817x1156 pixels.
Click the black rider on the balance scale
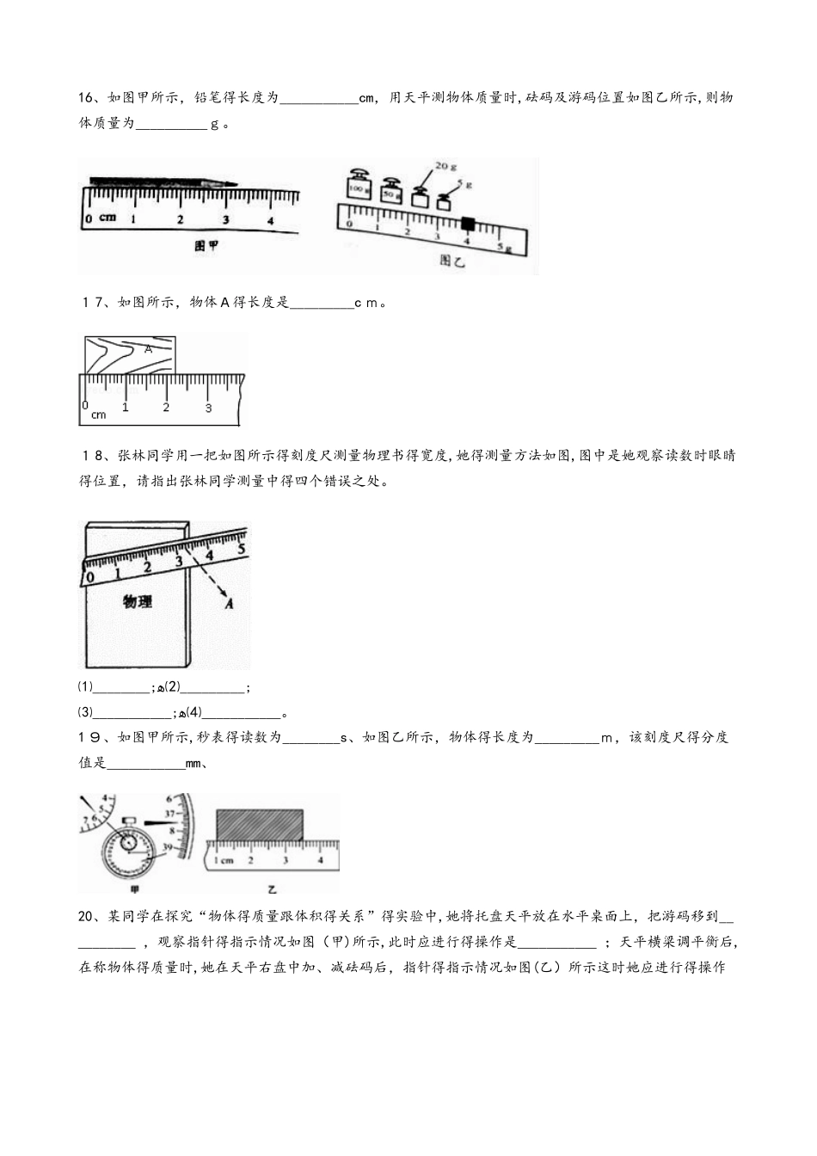click(x=468, y=224)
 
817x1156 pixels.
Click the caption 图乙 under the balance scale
click(x=451, y=260)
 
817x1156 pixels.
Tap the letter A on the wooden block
click(x=148, y=349)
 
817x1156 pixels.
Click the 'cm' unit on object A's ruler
click(x=98, y=415)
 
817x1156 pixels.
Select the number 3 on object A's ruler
click(x=208, y=409)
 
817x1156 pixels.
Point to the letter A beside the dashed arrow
click(x=229, y=604)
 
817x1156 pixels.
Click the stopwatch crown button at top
click(x=129, y=821)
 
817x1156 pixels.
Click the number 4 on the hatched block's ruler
click(x=321, y=859)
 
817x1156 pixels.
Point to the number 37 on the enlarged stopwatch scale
click(x=170, y=814)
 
